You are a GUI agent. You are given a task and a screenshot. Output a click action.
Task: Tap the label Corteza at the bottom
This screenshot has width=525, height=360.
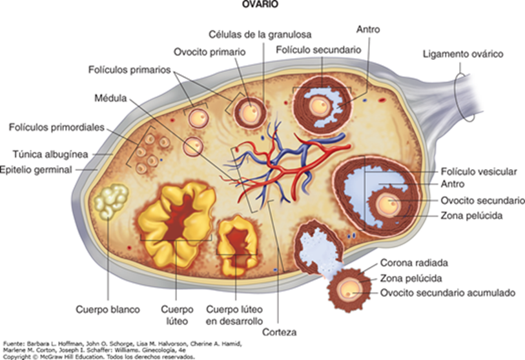tap(284, 332)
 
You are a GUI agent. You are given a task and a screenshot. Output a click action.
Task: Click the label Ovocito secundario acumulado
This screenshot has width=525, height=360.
tap(448, 293)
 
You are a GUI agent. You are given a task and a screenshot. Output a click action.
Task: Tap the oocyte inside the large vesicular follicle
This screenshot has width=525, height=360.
tap(387, 205)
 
